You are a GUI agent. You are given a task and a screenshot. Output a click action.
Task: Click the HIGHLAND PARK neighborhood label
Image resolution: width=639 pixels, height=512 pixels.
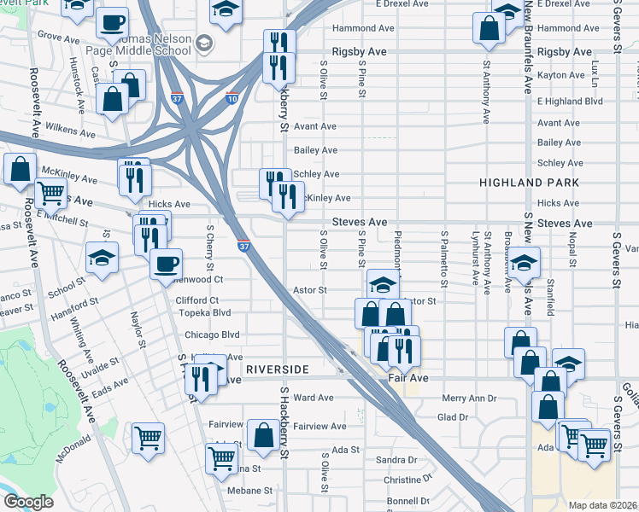pos(529,183)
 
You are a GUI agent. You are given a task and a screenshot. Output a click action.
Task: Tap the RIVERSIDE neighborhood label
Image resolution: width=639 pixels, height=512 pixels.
pos(277,369)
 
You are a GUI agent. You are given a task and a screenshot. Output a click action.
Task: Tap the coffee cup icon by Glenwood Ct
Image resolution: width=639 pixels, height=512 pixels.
pos(166,262)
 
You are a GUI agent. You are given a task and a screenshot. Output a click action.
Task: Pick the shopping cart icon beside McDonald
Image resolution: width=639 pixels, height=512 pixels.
pos(148,439)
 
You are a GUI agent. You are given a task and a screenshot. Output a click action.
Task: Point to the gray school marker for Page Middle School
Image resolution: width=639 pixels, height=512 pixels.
pos(203,43)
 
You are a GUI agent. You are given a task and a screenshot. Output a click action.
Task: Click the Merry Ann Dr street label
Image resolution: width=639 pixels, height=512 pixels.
pos(469,399)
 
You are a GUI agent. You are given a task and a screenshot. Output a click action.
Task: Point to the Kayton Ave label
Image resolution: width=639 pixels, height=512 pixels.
pos(560,76)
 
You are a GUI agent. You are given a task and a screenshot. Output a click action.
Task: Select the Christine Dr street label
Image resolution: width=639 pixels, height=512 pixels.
pos(408,480)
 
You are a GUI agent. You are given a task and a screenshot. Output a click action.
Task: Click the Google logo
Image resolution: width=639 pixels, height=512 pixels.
pos(28,502)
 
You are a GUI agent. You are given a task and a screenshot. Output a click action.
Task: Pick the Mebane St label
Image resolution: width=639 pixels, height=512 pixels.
pos(249,491)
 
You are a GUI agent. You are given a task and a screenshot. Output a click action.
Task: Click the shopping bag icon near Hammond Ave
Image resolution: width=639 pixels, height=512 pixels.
pos(490,27)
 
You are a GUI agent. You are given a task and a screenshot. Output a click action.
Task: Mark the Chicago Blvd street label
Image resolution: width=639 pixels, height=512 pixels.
pos(206,335)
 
